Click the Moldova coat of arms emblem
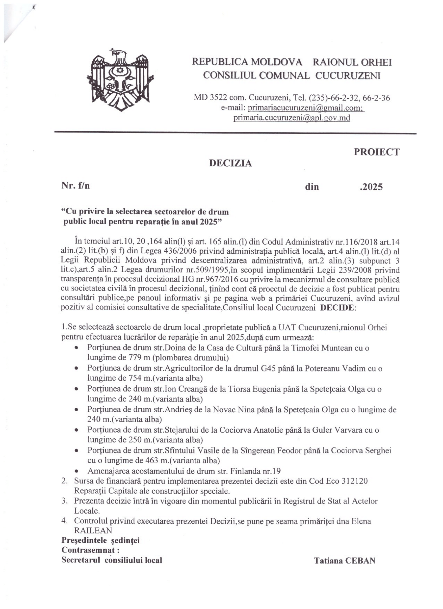click(120, 80)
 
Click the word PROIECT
click(376, 152)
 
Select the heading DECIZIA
click(231, 163)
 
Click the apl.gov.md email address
click(292, 118)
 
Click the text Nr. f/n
click(75, 185)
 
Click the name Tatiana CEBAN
click(345, 561)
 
